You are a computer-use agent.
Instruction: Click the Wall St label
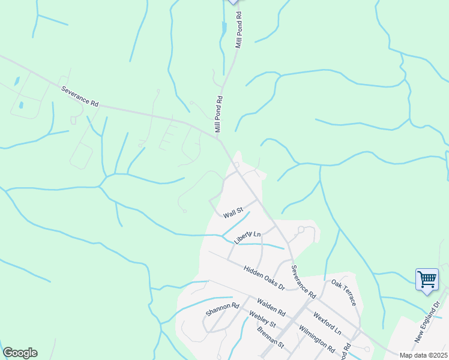pyautogui.click(x=232, y=212)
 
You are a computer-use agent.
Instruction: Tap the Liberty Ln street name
pyautogui.click(x=248, y=237)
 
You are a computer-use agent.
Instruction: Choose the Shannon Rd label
pyautogui.click(x=222, y=309)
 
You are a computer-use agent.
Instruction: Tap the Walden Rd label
pyautogui.click(x=271, y=307)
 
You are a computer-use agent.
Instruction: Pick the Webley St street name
pyautogui.click(x=262, y=319)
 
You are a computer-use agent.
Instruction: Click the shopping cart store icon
pyautogui.click(x=427, y=279)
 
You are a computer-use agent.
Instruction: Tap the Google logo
pyautogui.click(x=20, y=353)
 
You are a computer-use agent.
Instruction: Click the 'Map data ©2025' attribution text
pyautogui.click(x=423, y=355)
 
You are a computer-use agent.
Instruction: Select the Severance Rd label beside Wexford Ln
pyautogui.click(x=303, y=282)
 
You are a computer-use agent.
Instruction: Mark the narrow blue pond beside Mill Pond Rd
pyautogui.click(x=224, y=28)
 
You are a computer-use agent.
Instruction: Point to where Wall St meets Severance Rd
pyautogui.click(x=258, y=200)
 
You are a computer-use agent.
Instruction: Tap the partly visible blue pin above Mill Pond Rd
pyautogui.click(x=233, y=2)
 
